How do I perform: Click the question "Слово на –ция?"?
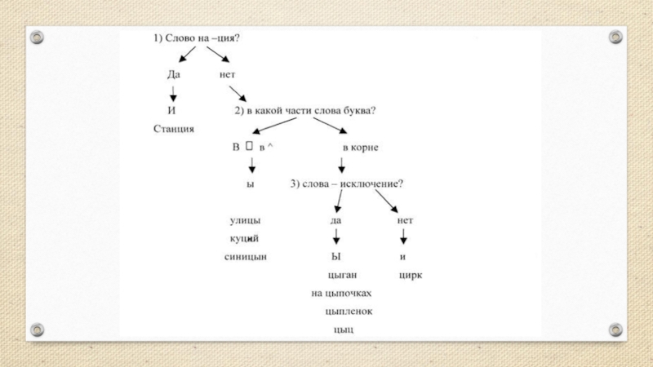208,38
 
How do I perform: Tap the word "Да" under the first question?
173,73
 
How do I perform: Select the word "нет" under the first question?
226,73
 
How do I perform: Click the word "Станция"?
173,128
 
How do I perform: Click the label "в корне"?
359,147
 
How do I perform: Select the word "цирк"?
411,275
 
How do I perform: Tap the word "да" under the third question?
335,219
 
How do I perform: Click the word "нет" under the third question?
405,219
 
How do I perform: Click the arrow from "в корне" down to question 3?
340,165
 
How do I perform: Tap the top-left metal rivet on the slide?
37,37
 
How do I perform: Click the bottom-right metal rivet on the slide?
615,329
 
